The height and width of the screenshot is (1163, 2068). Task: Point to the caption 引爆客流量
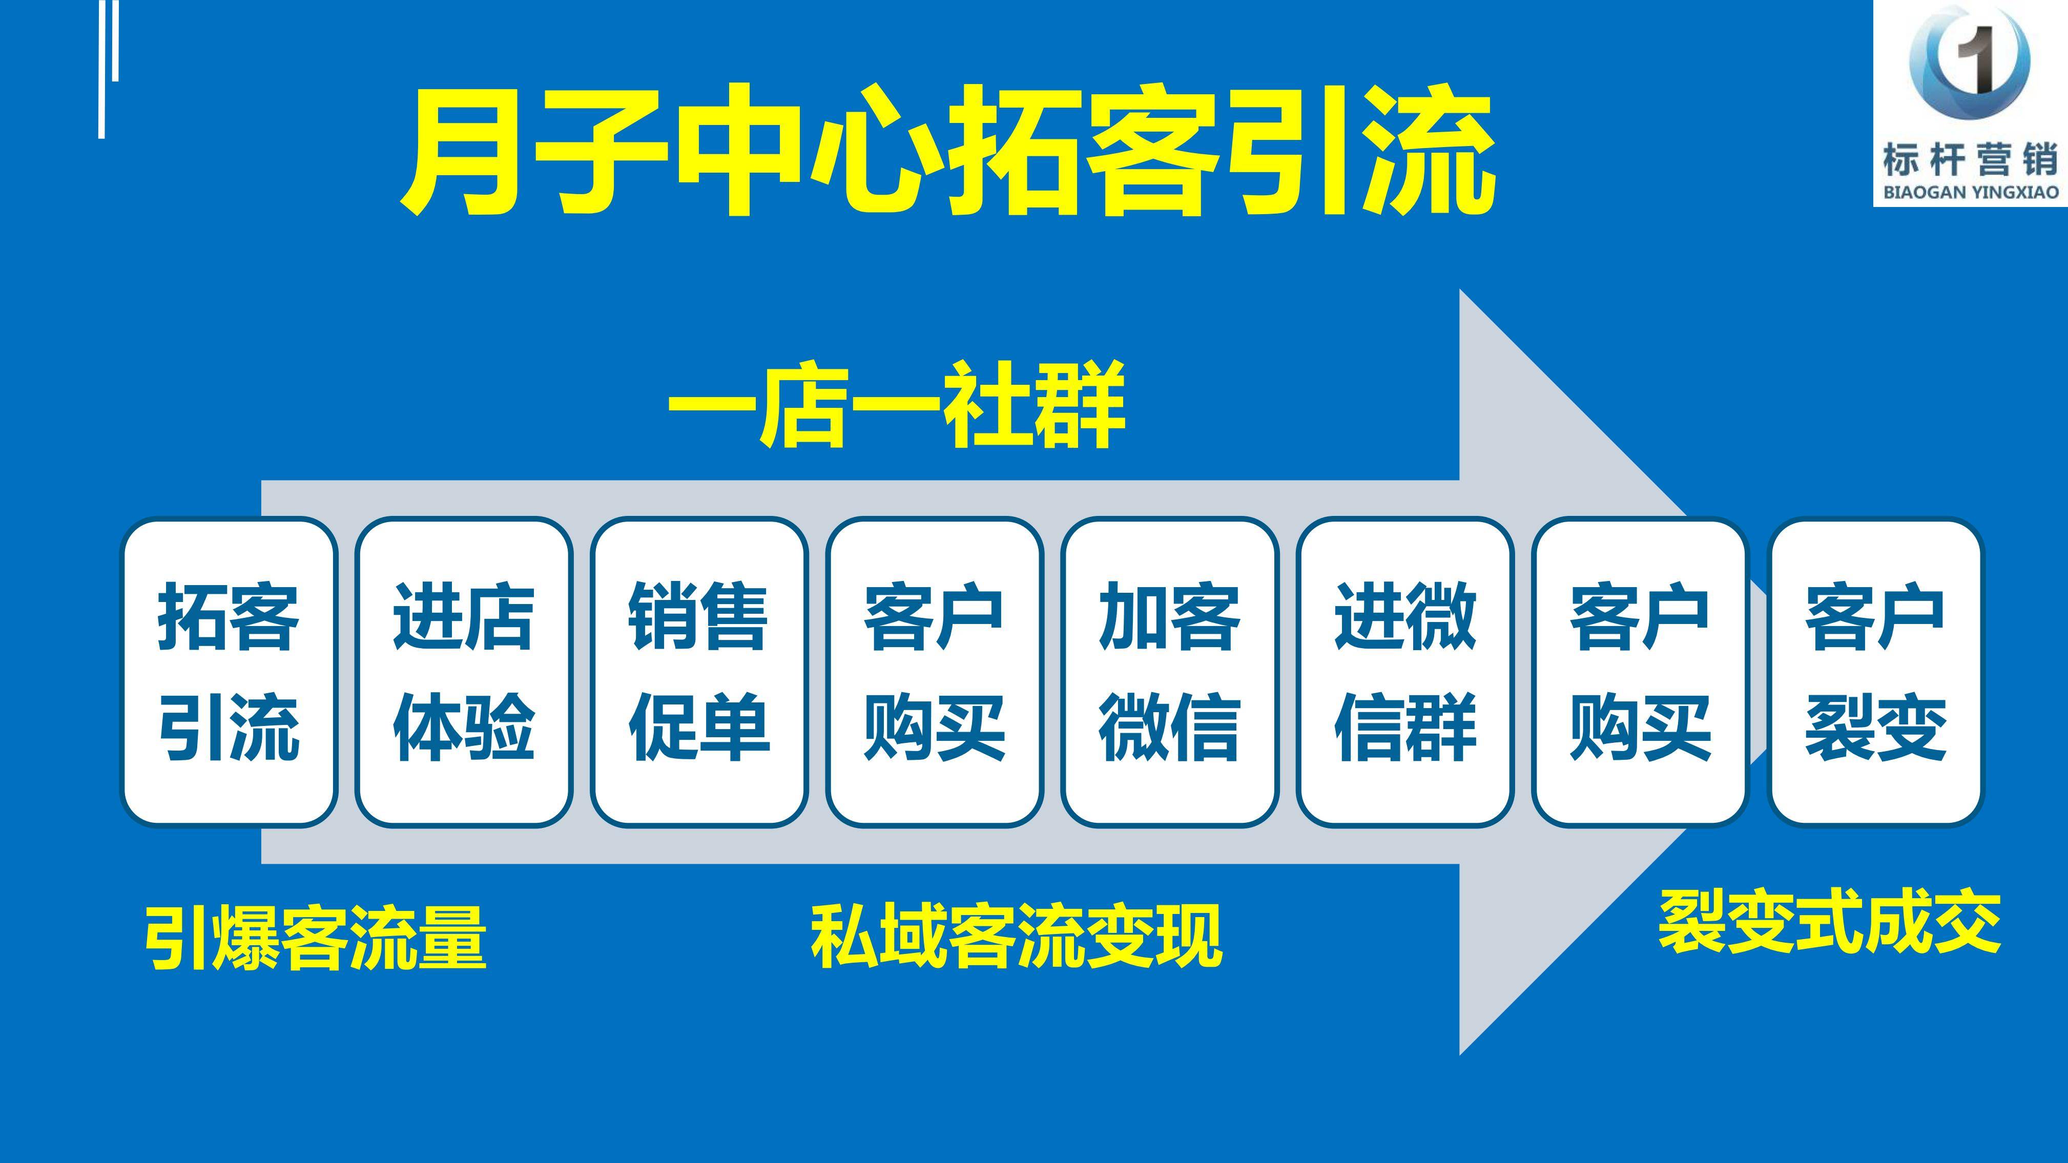[x=316, y=937]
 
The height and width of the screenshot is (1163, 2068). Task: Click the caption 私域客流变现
[x=1017, y=935]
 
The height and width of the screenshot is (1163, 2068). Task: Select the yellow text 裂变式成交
[x=1830, y=923]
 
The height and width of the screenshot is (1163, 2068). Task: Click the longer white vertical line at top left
[x=102, y=69]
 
